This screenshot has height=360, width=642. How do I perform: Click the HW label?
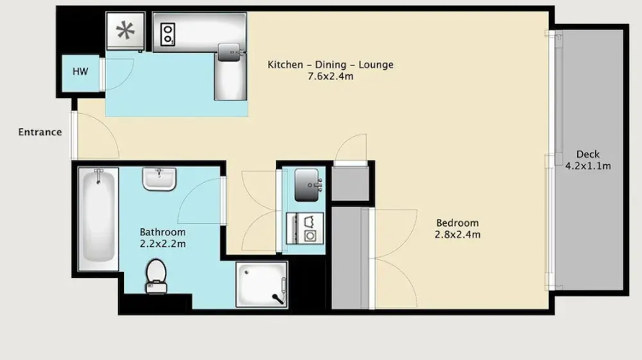(x=80, y=71)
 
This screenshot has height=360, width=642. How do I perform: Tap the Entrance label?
(x=40, y=132)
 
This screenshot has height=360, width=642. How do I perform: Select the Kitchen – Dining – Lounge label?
(x=331, y=65)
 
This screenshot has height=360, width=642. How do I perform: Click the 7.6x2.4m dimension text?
(x=331, y=76)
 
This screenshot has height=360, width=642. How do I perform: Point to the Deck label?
(x=588, y=154)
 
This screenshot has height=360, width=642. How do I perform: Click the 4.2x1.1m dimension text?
(x=588, y=166)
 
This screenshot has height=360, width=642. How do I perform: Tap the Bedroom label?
(x=458, y=223)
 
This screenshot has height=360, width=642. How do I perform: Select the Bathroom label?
(x=163, y=232)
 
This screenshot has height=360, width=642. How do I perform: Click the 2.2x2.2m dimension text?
(x=163, y=244)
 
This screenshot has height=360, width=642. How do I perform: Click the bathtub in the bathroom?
(x=98, y=219)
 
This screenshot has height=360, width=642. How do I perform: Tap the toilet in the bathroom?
(x=156, y=276)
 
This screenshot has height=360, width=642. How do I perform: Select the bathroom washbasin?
(x=159, y=179)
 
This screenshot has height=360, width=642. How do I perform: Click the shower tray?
(x=262, y=284)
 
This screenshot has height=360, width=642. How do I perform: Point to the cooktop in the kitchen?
(x=168, y=35)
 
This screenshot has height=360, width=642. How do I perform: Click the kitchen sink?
(x=229, y=53)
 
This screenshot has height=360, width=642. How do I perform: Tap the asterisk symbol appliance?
(x=125, y=31)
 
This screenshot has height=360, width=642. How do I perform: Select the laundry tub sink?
(x=307, y=185)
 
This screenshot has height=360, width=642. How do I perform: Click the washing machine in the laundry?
(x=306, y=228)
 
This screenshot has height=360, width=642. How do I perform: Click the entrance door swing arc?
(x=107, y=129)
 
